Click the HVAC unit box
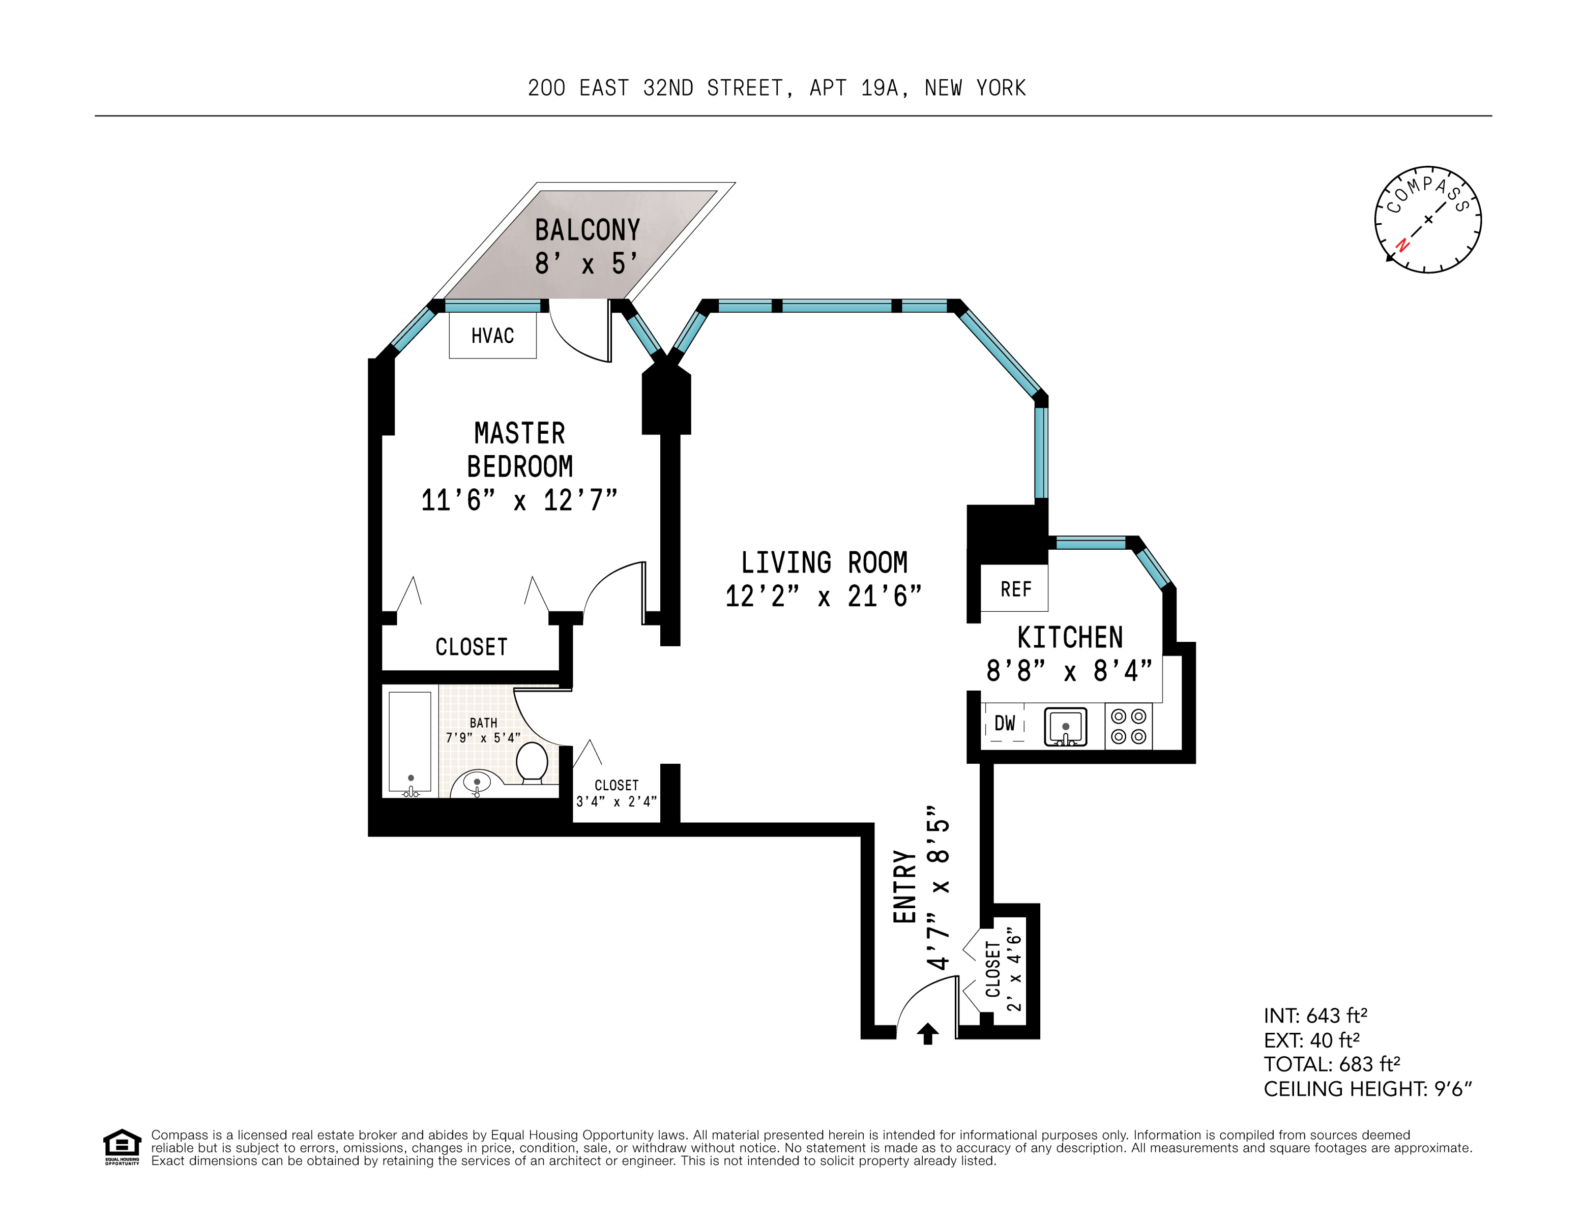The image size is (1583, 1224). (x=492, y=336)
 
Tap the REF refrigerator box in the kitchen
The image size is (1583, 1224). (x=1015, y=588)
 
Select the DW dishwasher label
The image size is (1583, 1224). (x=1005, y=723)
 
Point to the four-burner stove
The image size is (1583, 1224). (x=1129, y=726)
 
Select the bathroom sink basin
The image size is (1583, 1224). (x=476, y=783)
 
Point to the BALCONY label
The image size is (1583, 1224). (x=587, y=230)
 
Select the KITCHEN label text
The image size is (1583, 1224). (x=1070, y=638)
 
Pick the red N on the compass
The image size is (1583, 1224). (x=1402, y=245)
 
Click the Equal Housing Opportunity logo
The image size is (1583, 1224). (x=122, y=1147)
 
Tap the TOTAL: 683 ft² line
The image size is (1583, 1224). (x=1332, y=1064)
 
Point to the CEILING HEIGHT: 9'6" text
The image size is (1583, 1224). (x=1367, y=1089)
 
